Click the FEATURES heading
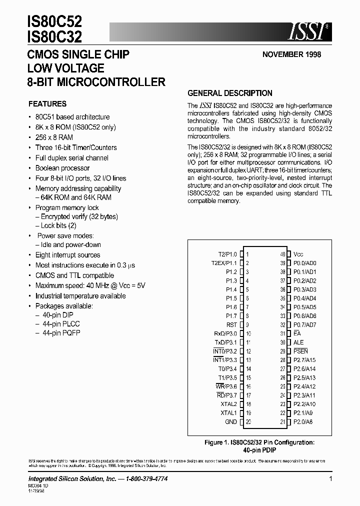tap(47, 104)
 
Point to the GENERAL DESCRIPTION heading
tap(229, 93)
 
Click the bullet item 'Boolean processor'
tap(62, 168)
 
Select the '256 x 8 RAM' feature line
tap(54, 137)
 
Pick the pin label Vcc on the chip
tap(298, 254)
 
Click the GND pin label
tap(230, 422)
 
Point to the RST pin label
tap(231, 324)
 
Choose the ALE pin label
tap(298, 342)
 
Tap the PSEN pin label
tap(301, 351)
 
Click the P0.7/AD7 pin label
tap(305, 324)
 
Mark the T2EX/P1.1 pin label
tap(224, 263)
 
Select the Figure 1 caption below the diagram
tap(259, 446)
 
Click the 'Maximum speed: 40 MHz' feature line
tap(90, 285)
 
